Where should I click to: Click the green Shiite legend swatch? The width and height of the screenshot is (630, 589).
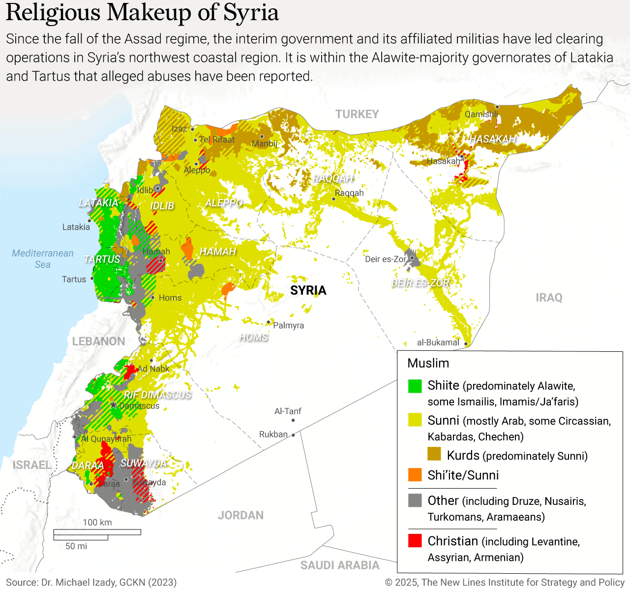(x=415, y=386)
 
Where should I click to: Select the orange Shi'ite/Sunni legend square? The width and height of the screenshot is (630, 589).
(x=415, y=475)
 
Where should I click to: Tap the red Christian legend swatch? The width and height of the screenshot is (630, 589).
(x=415, y=540)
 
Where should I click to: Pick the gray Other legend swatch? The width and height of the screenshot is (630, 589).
(x=415, y=500)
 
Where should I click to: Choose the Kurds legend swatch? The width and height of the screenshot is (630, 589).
(x=434, y=454)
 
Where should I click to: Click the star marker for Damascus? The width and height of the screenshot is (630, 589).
(x=114, y=405)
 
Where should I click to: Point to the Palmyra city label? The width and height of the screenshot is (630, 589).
(x=288, y=325)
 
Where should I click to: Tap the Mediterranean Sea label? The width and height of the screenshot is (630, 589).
(x=43, y=259)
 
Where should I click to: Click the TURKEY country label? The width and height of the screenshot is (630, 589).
(x=357, y=114)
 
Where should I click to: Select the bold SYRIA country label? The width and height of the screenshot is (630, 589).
(x=308, y=290)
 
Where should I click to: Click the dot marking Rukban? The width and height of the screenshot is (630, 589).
(x=293, y=435)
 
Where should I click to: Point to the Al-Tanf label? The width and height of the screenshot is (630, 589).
(x=288, y=411)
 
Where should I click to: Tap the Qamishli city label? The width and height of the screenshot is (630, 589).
(x=481, y=114)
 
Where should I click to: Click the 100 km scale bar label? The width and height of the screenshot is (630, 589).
(x=97, y=522)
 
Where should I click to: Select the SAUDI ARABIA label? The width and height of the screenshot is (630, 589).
(x=340, y=565)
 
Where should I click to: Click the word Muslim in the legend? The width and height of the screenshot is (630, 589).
(x=428, y=363)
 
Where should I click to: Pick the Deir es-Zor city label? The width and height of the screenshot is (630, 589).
(x=386, y=259)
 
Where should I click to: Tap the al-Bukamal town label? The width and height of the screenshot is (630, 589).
(x=438, y=342)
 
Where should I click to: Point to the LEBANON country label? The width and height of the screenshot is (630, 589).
(x=98, y=341)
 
